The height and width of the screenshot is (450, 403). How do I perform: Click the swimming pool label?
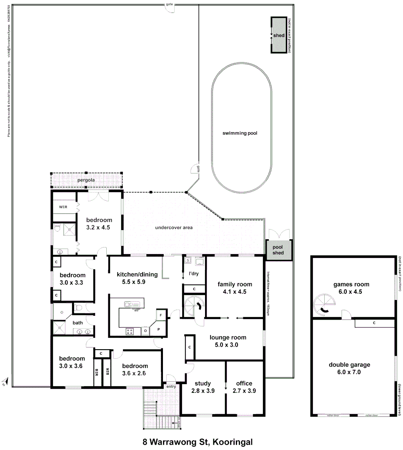240,133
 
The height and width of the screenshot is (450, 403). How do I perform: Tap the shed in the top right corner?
279,35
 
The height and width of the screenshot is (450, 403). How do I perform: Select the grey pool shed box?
278,250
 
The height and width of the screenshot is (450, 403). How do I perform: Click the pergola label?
86,180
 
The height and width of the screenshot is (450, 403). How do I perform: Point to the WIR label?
63,207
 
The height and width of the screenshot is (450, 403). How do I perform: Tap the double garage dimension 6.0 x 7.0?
349,372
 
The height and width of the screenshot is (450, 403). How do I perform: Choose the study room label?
203,383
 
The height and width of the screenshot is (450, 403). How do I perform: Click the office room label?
244,383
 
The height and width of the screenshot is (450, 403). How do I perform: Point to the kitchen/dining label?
137,274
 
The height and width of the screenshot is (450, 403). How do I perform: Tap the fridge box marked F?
161,315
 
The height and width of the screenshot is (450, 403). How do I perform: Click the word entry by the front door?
171,386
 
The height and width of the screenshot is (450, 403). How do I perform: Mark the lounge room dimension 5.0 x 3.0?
228,345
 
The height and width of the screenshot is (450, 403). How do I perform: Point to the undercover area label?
173,228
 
